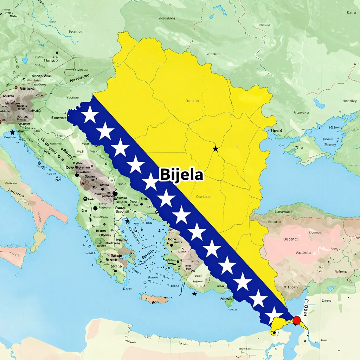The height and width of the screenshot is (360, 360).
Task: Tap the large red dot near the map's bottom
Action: tap(297, 320)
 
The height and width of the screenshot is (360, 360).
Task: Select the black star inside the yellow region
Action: tap(216, 149)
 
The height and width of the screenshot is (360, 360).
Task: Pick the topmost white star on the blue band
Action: tap(90, 114)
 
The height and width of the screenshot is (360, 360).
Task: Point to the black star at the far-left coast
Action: tap(13, 132)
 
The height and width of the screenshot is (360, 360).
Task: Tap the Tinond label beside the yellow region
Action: tap(276, 130)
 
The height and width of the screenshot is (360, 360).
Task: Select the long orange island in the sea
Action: tap(155, 299)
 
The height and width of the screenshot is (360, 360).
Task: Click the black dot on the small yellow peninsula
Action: tap(273, 332)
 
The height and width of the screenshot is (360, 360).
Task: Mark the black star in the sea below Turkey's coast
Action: tap(194, 294)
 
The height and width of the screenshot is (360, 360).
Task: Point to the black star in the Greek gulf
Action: tap(128, 221)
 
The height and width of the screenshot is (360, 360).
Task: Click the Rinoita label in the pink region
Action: tap(303, 252)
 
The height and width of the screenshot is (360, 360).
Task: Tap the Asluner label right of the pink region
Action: tap(341, 271)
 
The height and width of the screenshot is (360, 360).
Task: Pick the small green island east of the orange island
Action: tap(227, 301)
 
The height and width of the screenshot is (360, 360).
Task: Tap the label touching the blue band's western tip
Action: tap(59, 118)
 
